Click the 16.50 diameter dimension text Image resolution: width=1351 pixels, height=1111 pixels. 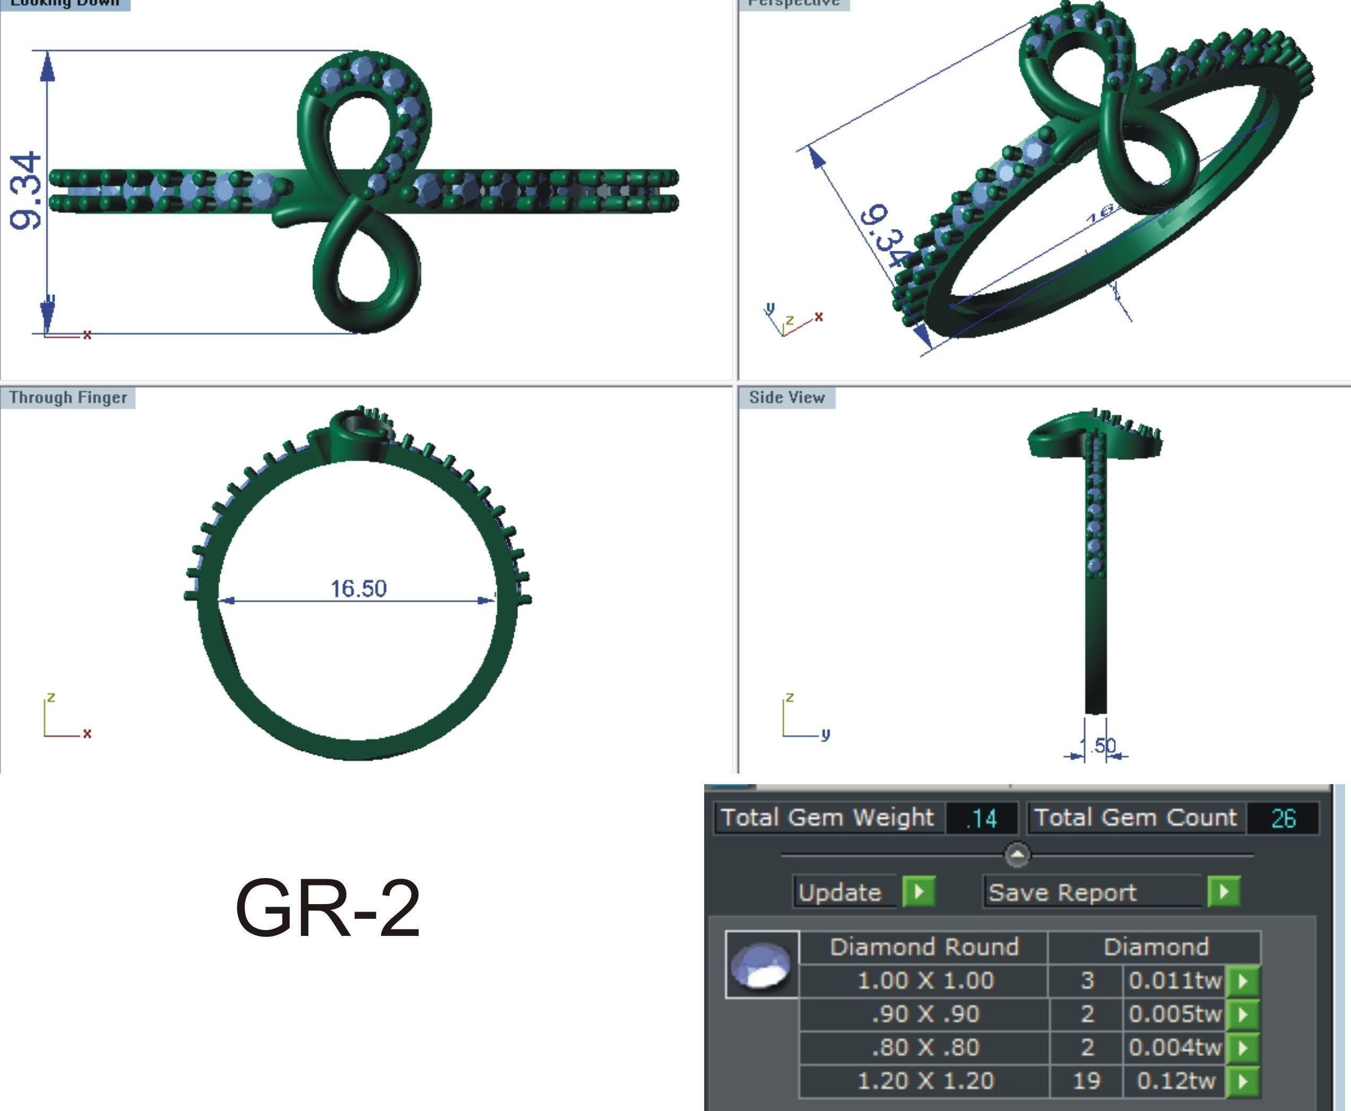point(358,588)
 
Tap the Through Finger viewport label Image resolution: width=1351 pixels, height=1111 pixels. point(68,397)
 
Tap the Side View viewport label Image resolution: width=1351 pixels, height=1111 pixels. point(786,397)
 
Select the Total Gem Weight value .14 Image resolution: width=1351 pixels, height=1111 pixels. point(981,819)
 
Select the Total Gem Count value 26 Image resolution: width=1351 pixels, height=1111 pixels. point(1283,819)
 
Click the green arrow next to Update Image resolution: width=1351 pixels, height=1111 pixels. point(919,891)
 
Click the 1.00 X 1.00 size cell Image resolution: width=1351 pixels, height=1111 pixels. point(925,980)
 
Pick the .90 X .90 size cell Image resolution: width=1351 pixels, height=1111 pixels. point(925,1014)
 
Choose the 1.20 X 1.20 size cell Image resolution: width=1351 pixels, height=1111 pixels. point(925,1081)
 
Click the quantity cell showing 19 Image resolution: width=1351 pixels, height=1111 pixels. point(1086,1081)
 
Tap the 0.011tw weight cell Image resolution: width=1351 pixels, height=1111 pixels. point(1174,980)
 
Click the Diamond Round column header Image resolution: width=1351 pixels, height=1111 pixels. point(923,947)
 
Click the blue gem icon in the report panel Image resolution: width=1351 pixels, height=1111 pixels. point(761,965)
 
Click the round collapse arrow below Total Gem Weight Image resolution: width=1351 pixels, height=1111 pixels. point(1017,854)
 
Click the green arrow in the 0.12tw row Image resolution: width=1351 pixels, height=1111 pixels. point(1243,1081)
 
